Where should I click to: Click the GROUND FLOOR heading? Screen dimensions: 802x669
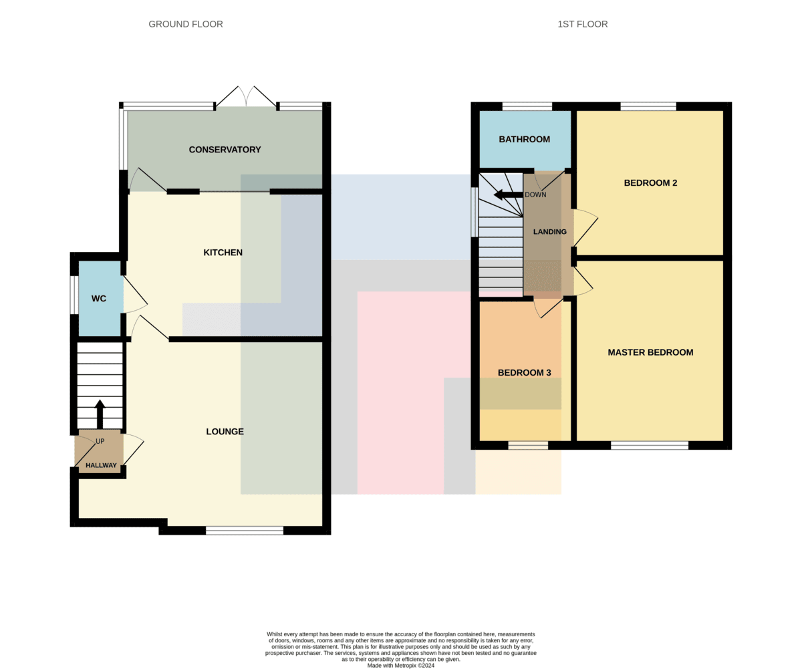click(186, 24)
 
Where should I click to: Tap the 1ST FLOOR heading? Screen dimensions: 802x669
click(582, 24)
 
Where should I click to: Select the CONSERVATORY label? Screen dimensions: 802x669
click(225, 150)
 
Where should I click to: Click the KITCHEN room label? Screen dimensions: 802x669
click(223, 253)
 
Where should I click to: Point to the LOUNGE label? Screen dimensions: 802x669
click(225, 431)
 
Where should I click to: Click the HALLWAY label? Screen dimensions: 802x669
click(101, 465)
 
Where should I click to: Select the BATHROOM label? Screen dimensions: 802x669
click(524, 139)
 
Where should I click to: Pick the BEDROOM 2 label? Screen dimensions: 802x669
click(650, 183)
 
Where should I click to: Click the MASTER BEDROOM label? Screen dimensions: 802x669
click(650, 352)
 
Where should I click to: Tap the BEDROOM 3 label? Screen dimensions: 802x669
click(524, 372)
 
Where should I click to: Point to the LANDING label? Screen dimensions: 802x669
click(549, 231)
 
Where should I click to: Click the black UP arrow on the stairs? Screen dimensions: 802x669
click(100, 414)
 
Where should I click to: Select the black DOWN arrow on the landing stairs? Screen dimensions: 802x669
click(508, 194)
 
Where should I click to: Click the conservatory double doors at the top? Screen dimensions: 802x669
click(246, 97)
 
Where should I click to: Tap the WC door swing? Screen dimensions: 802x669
click(136, 295)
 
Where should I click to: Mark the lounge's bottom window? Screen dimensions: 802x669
click(245, 531)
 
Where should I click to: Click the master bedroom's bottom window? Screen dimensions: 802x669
click(650, 445)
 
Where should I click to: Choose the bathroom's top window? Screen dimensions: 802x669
click(527, 106)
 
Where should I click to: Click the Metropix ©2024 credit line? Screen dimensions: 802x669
click(400, 666)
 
